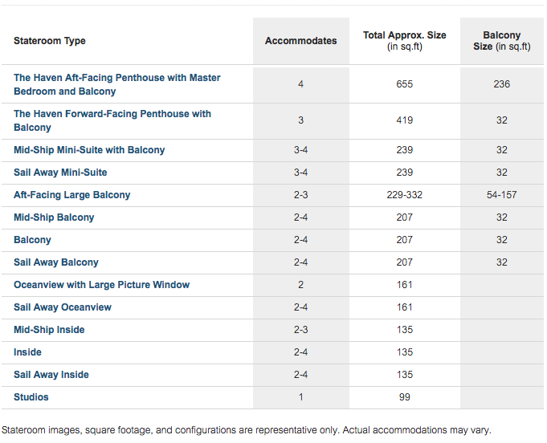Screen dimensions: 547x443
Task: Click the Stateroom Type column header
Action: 50,41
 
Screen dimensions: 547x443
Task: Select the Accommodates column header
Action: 300,41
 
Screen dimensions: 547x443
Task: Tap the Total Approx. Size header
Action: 405,41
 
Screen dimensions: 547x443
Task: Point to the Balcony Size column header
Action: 502,41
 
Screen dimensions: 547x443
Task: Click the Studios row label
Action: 31,397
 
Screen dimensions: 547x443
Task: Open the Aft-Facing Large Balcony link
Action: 71,195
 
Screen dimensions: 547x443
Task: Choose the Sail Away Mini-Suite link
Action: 60,173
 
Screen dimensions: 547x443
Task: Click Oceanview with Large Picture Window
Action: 101,285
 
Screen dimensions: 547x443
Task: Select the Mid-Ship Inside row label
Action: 49,330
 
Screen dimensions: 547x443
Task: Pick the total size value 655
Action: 405,84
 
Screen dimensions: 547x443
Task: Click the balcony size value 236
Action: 502,84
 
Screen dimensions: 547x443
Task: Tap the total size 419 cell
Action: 405,120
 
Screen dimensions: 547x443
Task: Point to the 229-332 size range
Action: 405,195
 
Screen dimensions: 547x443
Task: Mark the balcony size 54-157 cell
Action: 502,195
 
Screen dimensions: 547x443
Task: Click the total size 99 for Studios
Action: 405,397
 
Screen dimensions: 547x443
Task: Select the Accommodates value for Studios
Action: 300,397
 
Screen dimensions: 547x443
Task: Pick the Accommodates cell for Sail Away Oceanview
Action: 300,307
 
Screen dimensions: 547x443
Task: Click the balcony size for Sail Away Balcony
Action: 502,262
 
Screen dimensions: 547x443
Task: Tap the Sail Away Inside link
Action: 51,375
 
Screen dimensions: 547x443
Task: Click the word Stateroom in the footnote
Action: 23,430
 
